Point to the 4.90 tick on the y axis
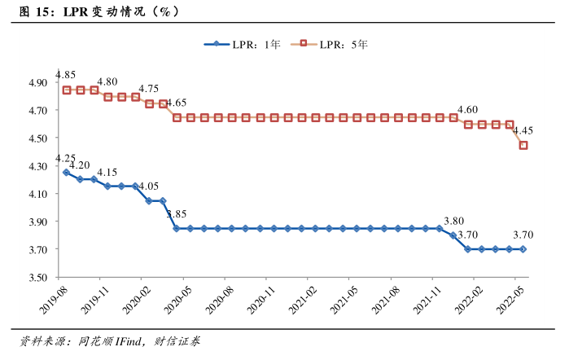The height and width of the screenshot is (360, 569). [39, 83]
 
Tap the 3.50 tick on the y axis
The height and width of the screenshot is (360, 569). [39, 278]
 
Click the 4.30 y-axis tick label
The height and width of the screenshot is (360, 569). [39, 166]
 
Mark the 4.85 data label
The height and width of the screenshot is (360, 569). [67, 76]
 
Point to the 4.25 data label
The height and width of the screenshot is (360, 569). [65, 158]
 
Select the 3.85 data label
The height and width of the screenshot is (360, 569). [177, 214]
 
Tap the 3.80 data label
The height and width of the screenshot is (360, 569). [453, 220]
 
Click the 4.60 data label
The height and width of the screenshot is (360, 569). [467, 110]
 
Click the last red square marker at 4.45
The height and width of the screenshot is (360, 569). [523, 146]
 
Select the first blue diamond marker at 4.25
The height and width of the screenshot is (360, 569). [66, 173]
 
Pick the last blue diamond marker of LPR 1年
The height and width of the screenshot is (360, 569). [523, 249]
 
